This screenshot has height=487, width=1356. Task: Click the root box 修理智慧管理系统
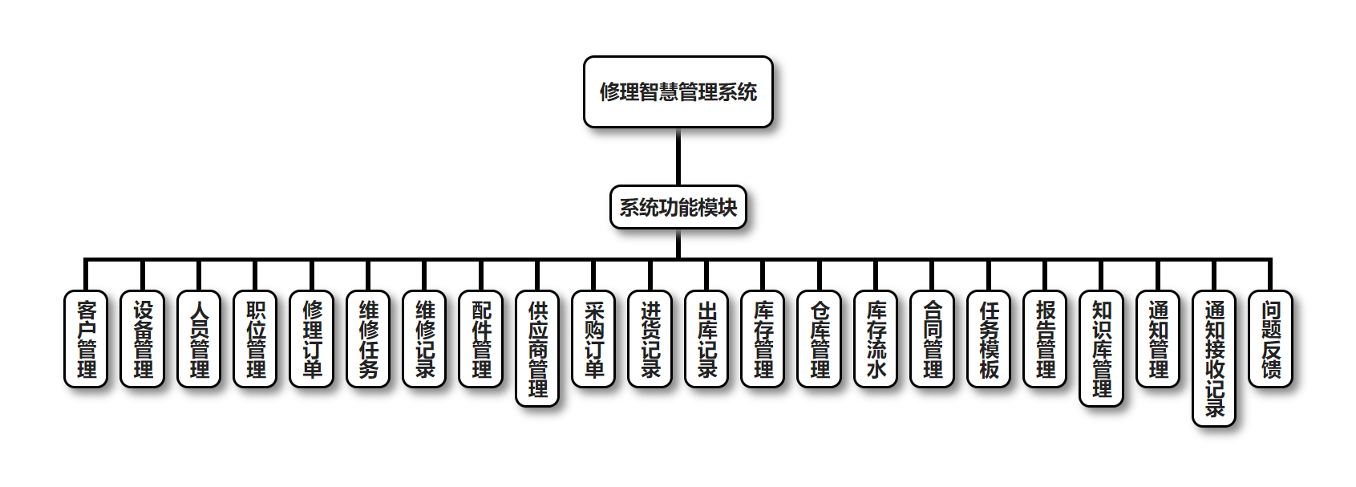tap(678, 91)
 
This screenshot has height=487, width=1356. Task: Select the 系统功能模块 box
tap(678, 207)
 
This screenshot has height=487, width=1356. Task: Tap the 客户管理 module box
tap(86, 339)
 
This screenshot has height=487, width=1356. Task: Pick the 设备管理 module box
tap(143, 339)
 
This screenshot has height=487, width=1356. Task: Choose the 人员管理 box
tap(199, 339)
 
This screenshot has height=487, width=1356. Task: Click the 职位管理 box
tap(255, 339)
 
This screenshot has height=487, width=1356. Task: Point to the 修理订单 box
tap(312, 339)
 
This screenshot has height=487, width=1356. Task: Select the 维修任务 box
tap(368, 339)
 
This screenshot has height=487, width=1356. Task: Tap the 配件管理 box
tap(481, 339)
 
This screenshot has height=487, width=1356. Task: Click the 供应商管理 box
tap(537, 348)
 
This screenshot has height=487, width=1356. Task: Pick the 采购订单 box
tap(594, 339)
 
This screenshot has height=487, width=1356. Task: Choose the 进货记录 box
tap(650, 339)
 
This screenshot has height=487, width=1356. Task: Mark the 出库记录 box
tap(706, 339)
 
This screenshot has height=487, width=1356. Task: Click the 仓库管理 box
tap(820, 339)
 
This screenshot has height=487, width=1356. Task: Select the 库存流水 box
tap(876, 339)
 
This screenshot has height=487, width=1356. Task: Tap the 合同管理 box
tap(933, 339)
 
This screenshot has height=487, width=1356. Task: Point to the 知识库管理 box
tap(1102, 348)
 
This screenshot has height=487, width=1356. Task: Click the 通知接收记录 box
tap(1214, 358)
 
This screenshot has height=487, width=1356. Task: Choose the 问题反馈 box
tap(1271, 339)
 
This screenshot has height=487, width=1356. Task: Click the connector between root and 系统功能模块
tap(678, 157)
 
